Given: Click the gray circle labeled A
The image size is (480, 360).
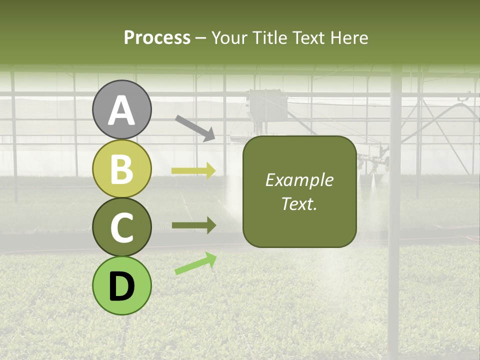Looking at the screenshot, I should point(121,109).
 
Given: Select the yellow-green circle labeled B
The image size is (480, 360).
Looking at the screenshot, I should point(121,168).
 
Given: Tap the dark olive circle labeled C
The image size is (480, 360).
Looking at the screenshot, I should point(121,227).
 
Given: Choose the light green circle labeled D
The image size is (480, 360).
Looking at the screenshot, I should point(121,285).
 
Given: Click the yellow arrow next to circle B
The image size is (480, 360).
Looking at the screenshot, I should point(193,171).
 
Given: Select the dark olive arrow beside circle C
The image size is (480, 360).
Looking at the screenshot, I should point(193,225).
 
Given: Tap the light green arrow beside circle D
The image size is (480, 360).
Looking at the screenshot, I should point(195,263).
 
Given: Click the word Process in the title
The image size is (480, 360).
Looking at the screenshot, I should point(157,37).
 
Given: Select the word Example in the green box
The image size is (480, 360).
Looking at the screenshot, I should point(299,180).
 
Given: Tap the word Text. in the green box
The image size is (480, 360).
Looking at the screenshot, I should point(299,203).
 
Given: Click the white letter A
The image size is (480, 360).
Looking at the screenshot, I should point(121,110).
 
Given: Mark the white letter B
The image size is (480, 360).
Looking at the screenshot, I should point(121,169).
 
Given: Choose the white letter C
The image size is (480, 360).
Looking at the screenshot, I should point(121,227).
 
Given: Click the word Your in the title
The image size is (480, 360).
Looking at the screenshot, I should point(229,37).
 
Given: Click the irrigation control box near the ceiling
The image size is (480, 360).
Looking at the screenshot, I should point(265,106).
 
